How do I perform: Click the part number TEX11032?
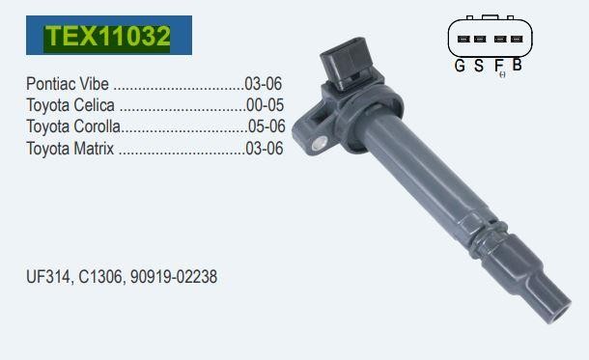coord(108,36)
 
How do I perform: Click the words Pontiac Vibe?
coord(68,84)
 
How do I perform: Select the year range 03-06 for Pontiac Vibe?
coord(263,84)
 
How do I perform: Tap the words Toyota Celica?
coord(70,105)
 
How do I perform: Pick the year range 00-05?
coord(265,105)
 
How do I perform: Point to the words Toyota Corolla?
coord(73,126)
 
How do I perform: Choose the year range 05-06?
coord(266,126)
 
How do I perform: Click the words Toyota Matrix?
coord(70,149)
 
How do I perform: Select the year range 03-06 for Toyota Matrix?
coord(264,149)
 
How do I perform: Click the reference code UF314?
coord(47,277)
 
